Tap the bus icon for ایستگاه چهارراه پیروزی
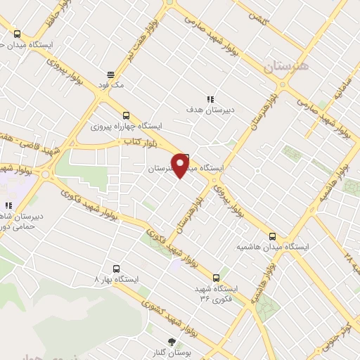(126, 115)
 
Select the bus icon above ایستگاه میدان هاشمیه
(273, 236)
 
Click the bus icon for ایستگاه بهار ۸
(117, 268)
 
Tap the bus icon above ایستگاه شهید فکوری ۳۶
(217, 277)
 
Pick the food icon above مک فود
(110, 74)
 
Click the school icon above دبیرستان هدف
(210, 99)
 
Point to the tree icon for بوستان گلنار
(172, 342)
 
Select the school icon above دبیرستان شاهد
(8, 206)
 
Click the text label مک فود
(112, 84)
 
